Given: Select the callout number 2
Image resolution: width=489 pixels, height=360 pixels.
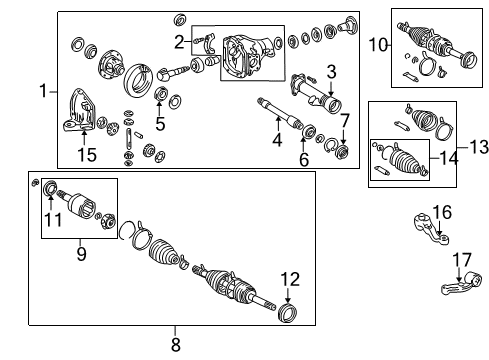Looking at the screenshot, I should [x=179, y=42].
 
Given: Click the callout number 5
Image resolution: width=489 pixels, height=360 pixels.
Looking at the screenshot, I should [x=159, y=124].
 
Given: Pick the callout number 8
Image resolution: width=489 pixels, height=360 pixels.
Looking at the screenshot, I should [x=176, y=344].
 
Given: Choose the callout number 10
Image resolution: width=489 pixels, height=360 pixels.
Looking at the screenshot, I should [x=379, y=44].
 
